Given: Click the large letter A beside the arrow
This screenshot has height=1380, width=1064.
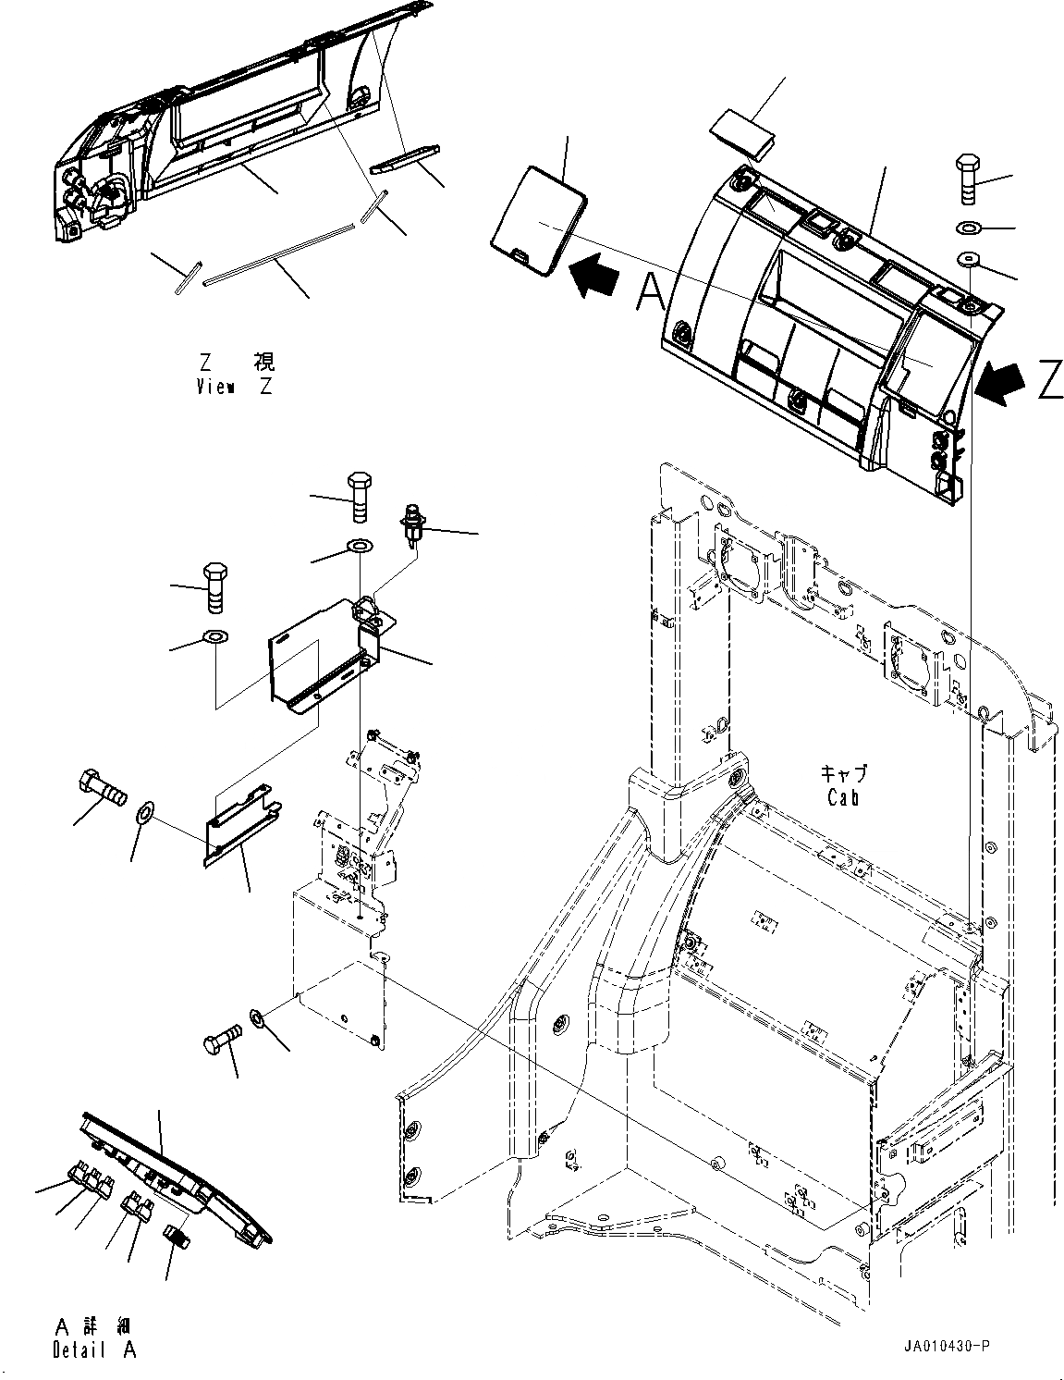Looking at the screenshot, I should tap(651, 294).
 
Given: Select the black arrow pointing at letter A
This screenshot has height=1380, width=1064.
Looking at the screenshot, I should tap(595, 277).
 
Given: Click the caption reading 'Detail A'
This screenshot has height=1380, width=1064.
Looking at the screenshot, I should tap(94, 1349).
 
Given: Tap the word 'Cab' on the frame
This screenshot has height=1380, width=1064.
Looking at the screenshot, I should tap(843, 796).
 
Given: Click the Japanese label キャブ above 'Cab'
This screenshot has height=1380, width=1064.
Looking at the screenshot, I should tap(844, 772).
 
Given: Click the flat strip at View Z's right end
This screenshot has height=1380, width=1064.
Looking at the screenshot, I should tap(407, 158).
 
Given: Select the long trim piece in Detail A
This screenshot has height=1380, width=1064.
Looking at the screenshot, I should tap(176, 1173).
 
